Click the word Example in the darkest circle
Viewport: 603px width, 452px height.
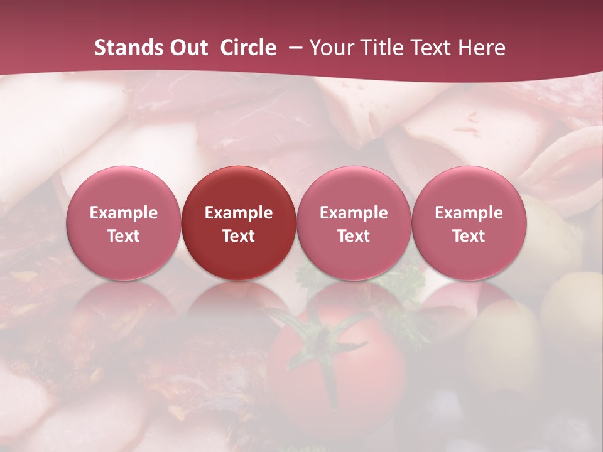[x=239, y=213]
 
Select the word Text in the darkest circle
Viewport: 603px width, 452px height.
[x=239, y=236]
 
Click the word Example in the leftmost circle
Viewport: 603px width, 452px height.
[x=124, y=213]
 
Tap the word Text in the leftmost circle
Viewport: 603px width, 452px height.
[x=124, y=236]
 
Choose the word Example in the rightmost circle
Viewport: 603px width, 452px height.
[x=469, y=213]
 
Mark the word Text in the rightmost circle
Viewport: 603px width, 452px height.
[x=469, y=236]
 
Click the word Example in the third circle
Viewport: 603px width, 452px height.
[x=354, y=213]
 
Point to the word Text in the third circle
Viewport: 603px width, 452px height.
[x=354, y=236]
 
